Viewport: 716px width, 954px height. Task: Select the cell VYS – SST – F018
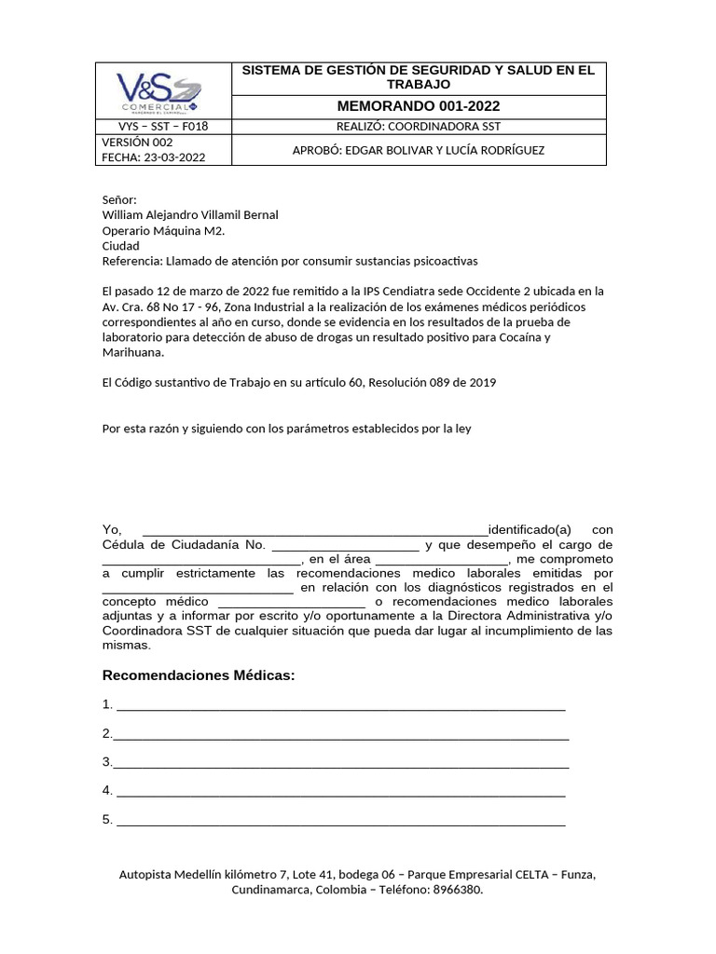163,127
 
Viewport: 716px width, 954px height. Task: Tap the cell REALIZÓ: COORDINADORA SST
419,127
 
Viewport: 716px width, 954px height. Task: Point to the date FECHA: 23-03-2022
153,157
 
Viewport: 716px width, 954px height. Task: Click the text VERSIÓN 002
137,143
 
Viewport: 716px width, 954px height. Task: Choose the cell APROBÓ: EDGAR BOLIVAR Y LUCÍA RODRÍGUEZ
419,150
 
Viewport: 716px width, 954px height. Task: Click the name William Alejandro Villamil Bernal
190,215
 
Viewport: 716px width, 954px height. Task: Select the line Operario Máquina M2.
163,231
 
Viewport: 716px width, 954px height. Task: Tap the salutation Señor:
119,199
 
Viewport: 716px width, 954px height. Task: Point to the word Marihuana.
131,352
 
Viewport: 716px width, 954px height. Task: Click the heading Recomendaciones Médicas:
198,675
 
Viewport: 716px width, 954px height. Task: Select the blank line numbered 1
340,704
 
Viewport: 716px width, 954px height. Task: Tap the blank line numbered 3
340,762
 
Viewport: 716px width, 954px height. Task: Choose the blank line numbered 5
340,820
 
